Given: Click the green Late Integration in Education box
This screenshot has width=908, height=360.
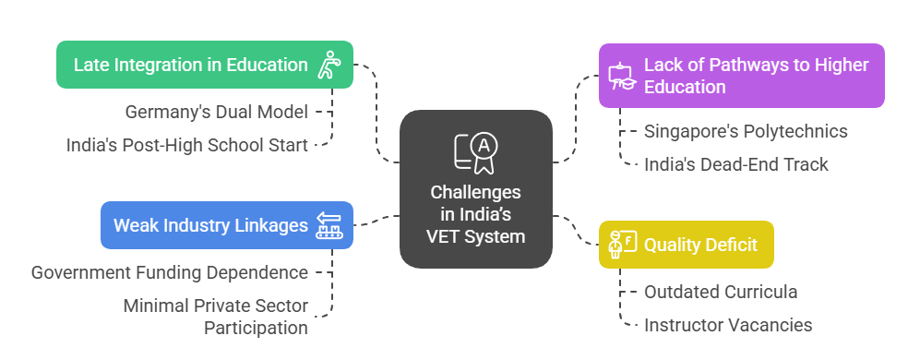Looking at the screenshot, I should [x=204, y=65].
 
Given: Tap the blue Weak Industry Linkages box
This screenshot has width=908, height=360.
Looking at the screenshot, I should [x=226, y=225].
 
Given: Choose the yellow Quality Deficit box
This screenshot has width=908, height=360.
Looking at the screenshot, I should [x=686, y=245].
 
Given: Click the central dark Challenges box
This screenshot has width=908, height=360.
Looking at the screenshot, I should [x=475, y=189].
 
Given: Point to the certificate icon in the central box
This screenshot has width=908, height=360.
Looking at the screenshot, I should [x=475, y=153].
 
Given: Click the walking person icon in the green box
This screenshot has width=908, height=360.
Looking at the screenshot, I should [x=329, y=65].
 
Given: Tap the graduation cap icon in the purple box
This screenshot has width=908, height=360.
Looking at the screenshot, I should [x=621, y=76].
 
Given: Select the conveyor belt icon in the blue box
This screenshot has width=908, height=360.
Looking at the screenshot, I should [x=329, y=225].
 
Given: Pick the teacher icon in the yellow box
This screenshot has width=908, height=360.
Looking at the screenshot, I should [x=621, y=245].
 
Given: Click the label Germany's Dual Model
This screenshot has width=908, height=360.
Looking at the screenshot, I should [x=216, y=112].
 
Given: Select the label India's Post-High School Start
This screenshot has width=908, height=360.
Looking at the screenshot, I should [x=186, y=145].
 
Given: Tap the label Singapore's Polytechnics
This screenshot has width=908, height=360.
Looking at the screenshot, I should [x=746, y=131].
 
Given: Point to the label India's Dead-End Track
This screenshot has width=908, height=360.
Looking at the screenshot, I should [x=735, y=164].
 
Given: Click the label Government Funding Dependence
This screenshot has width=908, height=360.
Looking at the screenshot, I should [x=169, y=272].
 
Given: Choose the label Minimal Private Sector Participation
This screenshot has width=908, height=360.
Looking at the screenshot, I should [x=216, y=317].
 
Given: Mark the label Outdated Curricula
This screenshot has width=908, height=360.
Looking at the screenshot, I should [x=721, y=292].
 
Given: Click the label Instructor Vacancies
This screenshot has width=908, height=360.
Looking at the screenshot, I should [x=728, y=325].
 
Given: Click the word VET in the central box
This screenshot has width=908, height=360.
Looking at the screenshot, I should [x=446, y=236].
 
